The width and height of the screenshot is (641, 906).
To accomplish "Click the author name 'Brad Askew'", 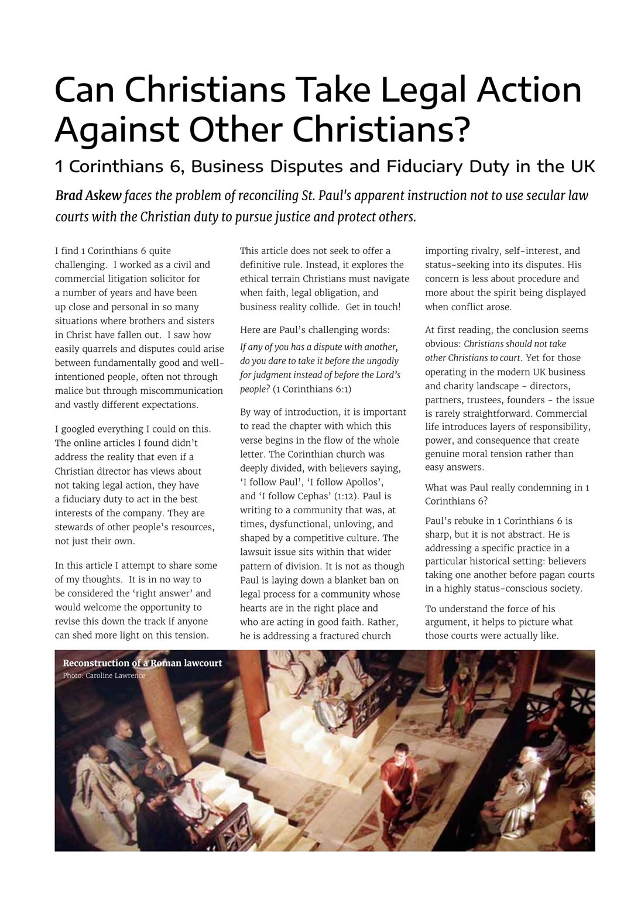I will tap(88, 195).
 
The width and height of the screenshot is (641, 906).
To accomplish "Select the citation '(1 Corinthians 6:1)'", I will tap(312, 389).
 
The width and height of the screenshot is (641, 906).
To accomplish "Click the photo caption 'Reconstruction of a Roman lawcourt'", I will tap(142, 663).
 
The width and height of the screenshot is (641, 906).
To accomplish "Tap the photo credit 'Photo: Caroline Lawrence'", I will tap(104, 675).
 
